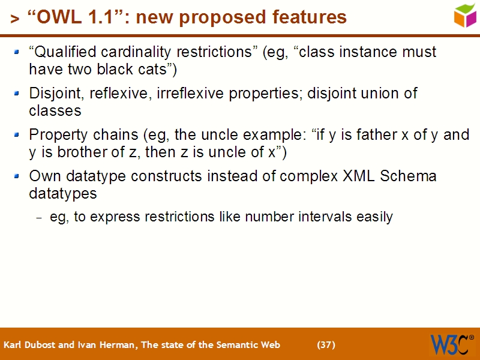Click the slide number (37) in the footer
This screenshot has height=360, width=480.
tap(326, 344)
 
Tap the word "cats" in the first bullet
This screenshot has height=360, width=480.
tap(160, 69)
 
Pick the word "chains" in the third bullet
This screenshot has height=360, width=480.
tap(110, 135)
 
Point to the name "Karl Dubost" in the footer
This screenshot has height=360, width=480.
tap(28, 344)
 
